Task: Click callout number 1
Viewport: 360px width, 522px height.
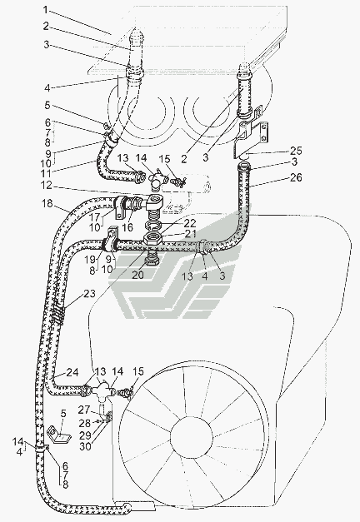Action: (x=46, y=10)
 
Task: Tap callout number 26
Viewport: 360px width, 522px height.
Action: (x=295, y=178)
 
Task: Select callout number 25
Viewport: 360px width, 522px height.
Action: (x=295, y=152)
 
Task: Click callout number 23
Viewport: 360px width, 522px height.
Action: (x=89, y=294)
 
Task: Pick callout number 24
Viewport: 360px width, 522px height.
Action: (x=72, y=372)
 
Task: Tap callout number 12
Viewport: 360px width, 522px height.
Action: (x=47, y=185)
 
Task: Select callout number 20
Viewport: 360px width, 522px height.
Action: (x=138, y=275)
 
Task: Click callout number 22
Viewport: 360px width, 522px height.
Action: (x=190, y=223)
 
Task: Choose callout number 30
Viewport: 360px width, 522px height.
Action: (x=85, y=446)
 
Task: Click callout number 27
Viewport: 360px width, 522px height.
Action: (x=85, y=410)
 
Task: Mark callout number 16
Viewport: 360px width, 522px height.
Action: (x=127, y=227)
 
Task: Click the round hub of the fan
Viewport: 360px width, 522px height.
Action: (x=192, y=435)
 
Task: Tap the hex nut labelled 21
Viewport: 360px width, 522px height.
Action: (x=153, y=239)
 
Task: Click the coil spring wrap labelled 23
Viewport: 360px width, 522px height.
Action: (x=58, y=314)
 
